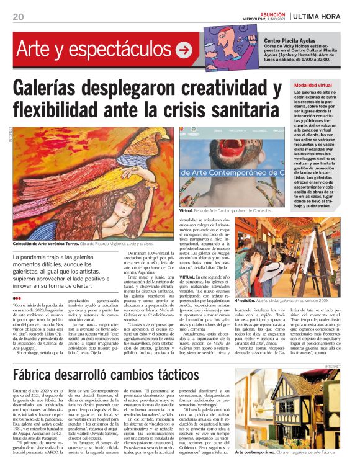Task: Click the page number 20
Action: [17, 17]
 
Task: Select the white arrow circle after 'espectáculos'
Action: [184, 50]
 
